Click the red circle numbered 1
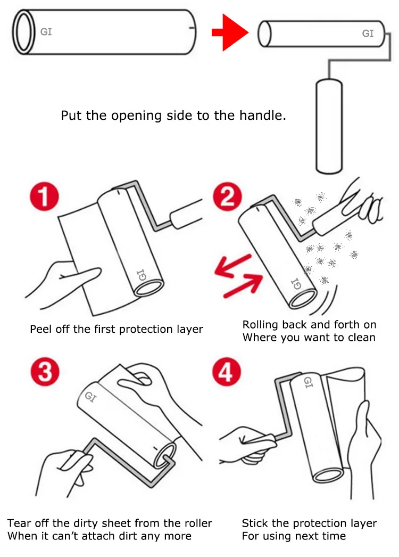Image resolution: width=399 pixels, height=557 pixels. point(44,196)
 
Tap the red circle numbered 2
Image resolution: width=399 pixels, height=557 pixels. point(227,196)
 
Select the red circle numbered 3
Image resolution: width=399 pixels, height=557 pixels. point(45,372)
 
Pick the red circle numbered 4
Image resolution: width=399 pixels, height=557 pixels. point(226,372)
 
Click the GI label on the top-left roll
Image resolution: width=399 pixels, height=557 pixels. point(46,32)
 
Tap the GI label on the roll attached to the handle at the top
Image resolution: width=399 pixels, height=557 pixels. point(368,34)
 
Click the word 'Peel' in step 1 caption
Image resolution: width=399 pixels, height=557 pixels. point(41,329)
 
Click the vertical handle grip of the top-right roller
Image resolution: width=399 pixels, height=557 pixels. point(329,126)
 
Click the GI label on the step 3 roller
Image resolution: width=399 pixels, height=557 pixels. point(90,396)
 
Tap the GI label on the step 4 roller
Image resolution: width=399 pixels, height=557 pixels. point(308,382)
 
